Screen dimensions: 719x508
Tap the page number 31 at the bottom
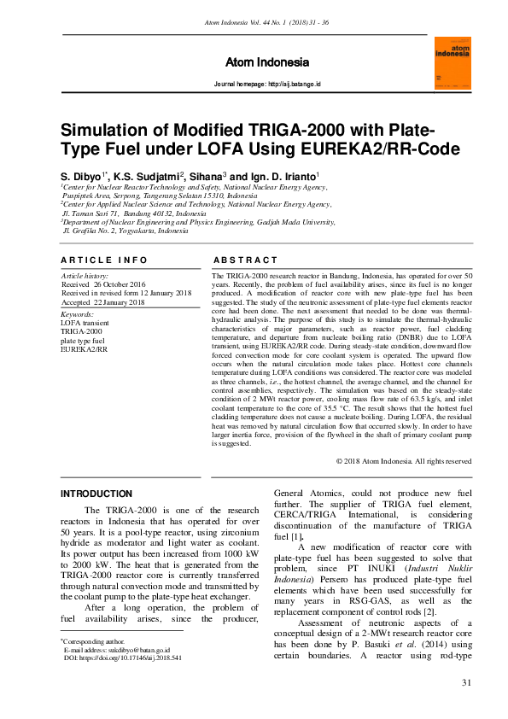tap(466, 682)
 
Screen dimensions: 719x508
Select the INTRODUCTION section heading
tap(96, 494)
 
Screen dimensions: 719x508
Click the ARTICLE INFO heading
tap(98, 260)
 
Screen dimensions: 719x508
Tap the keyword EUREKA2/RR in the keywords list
tap(85, 348)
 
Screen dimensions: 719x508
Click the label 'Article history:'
tap(85, 277)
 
